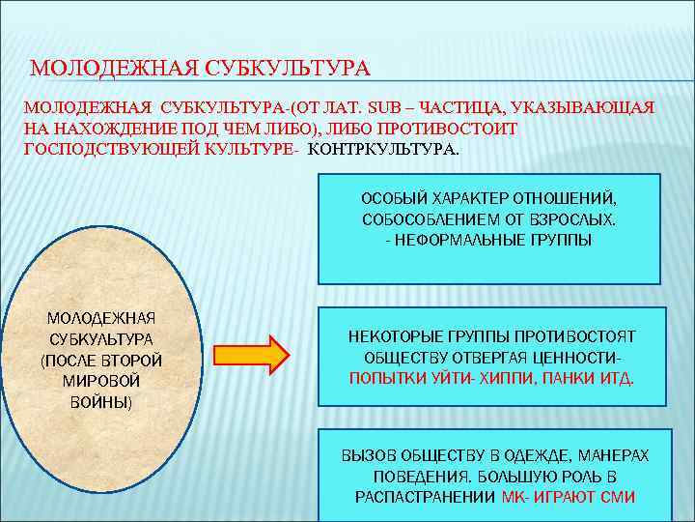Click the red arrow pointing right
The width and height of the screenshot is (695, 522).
point(261,354)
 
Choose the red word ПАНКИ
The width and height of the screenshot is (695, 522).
point(567,377)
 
